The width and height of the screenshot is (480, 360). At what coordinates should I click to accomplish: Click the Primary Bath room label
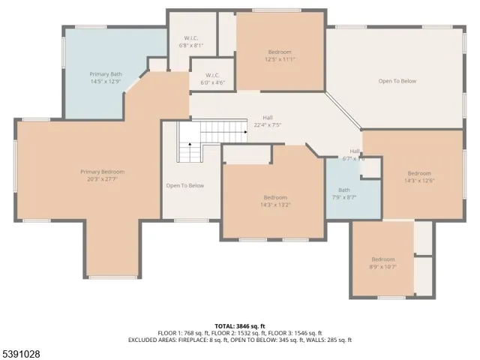pos(104,74)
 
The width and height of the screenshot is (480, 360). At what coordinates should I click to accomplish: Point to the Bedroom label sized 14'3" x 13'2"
pos(274,200)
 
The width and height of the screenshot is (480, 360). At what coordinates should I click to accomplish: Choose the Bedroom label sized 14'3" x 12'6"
pos(419,176)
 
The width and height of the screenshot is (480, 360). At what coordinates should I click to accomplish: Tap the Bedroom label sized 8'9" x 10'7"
pos(382,262)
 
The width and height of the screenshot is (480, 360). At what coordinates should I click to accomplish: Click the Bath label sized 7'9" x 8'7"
pos(343,193)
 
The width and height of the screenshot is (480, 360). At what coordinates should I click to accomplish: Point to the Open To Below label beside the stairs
pos(184,185)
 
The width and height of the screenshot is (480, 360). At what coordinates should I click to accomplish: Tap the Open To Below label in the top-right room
pos(397,81)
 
